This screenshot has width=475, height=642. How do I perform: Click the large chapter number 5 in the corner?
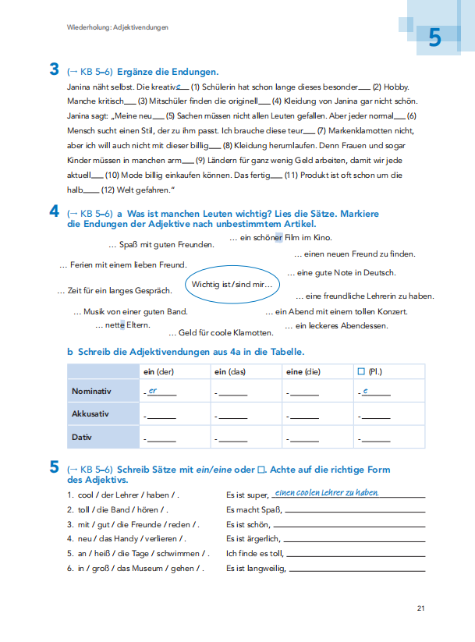[434, 38]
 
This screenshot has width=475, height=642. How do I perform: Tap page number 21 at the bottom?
[420, 608]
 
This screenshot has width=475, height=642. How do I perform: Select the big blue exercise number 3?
[54, 70]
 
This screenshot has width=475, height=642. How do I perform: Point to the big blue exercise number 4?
[54, 211]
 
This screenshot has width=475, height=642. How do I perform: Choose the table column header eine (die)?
[303, 372]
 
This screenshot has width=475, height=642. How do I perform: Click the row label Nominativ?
[91, 391]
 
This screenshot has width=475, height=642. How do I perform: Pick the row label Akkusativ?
[90, 414]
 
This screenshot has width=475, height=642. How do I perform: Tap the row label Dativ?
[82, 438]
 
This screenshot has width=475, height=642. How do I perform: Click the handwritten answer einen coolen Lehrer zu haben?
[327, 492]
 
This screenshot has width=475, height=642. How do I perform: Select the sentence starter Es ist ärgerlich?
[253, 538]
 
